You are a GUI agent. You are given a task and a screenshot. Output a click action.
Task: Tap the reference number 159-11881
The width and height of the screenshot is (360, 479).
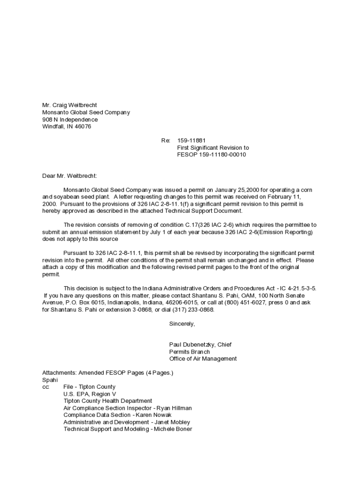pyautogui.click(x=191, y=140)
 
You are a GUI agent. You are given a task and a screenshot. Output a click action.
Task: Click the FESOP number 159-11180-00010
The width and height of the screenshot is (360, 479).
pyautogui.click(x=211, y=154)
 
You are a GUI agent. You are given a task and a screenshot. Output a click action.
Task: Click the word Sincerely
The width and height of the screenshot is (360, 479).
pyautogui.click(x=182, y=324)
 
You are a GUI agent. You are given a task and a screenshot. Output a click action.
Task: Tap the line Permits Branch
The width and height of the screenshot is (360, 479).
pyautogui.click(x=189, y=352)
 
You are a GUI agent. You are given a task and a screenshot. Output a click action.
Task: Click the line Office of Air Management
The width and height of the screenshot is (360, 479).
pyautogui.click(x=203, y=359)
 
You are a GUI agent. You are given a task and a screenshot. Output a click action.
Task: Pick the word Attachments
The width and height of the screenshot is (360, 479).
pyautogui.click(x=59, y=373)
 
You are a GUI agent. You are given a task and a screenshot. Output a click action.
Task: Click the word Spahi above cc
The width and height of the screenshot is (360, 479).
pyautogui.click(x=50, y=380)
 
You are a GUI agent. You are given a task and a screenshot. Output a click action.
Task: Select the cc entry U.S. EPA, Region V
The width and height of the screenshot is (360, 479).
pyautogui.click(x=90, y=394)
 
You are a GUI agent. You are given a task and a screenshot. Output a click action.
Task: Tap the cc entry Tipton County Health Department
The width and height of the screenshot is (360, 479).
pyautogui.click(x=108, y=401)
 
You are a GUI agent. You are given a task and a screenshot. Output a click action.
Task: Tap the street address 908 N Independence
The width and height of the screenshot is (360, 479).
pyautogui.click(x=70, y=119)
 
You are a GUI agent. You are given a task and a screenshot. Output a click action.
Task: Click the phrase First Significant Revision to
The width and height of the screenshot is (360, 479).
pyautogui.click(x=213, y=147)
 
